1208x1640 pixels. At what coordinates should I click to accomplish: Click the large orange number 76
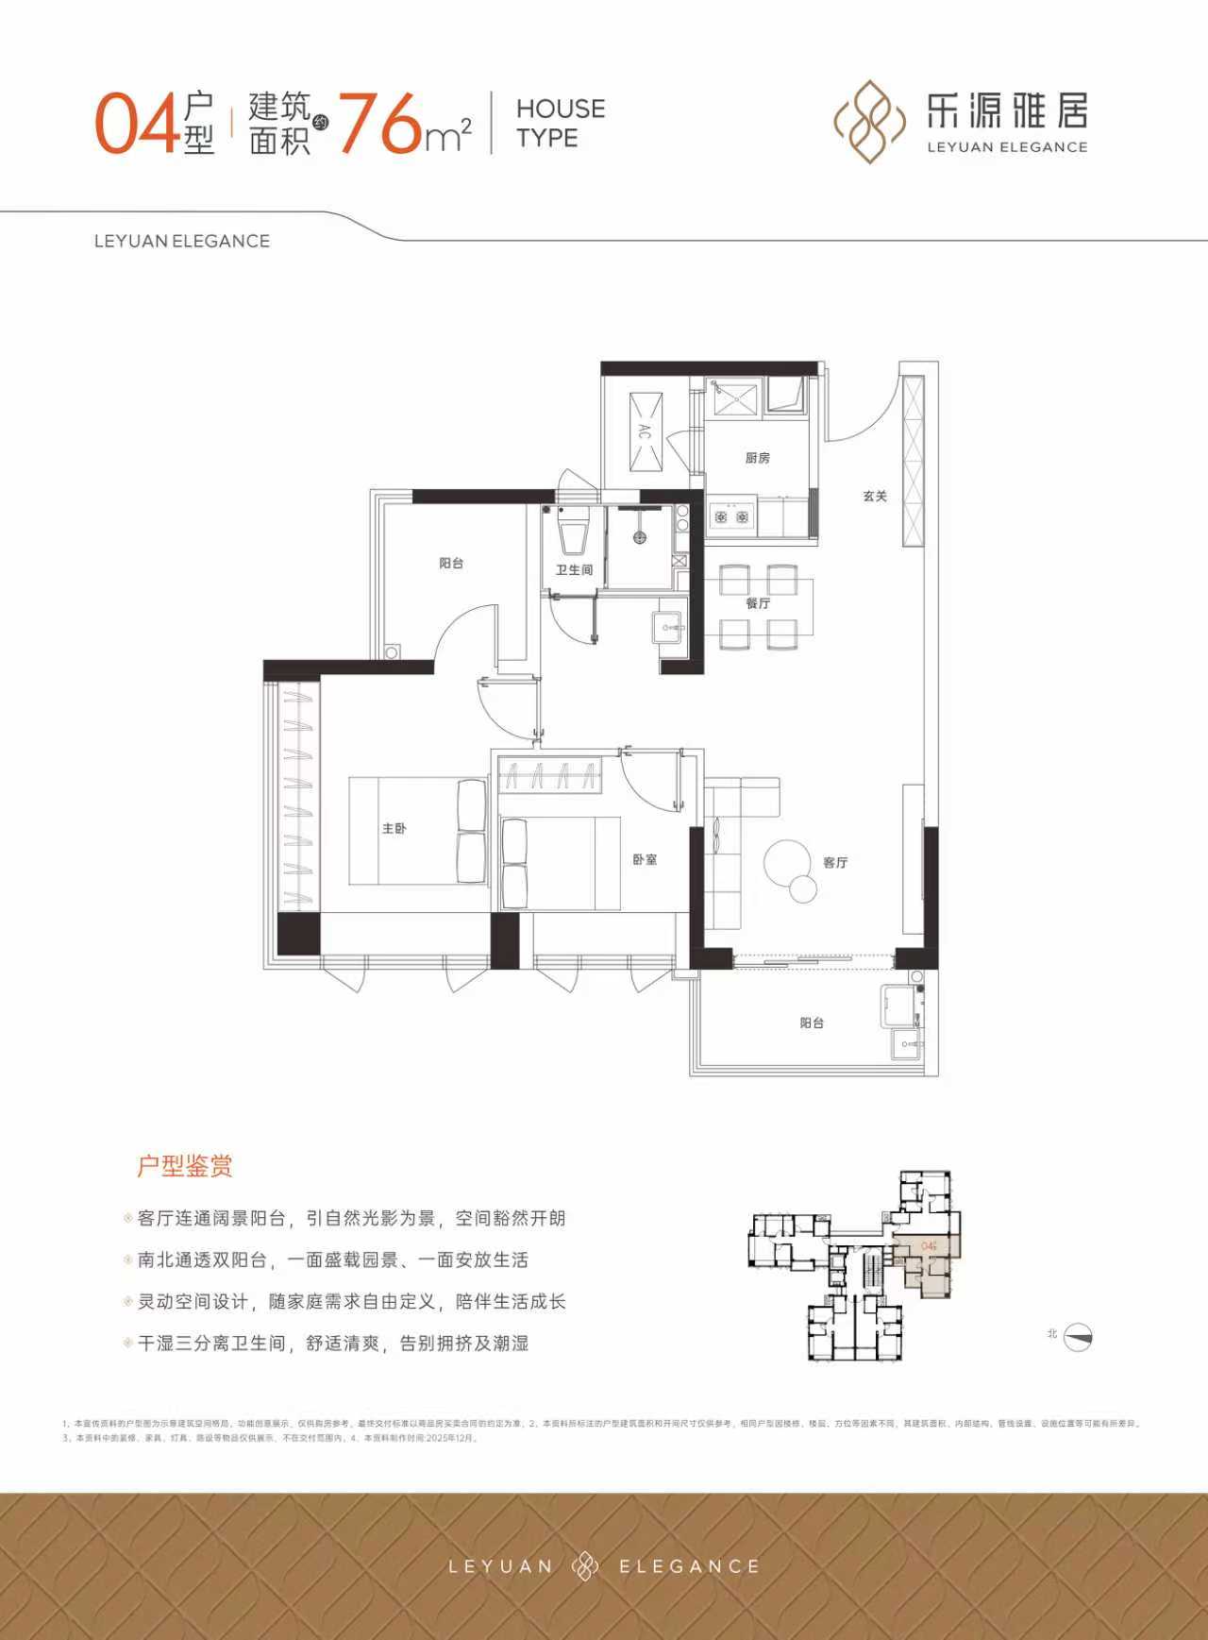click(x=380, y=124)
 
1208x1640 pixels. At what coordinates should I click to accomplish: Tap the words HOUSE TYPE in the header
click(x=560, y=123)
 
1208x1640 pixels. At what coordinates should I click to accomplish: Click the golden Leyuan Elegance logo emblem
click(x=864, y=122)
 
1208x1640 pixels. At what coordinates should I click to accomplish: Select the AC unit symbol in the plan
click(x=646, y=432)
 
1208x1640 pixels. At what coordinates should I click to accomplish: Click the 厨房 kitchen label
click(x=757, y=458)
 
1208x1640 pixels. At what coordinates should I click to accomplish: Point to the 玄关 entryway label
click(x=875, y=496)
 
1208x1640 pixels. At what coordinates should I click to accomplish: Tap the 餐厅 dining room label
click(x=758, y=602)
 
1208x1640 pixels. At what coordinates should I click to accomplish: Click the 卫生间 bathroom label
click(x=574, y=570)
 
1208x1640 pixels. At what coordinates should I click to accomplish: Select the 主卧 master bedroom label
click(x=394, y=828)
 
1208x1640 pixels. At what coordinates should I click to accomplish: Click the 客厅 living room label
click(x=835, y=862)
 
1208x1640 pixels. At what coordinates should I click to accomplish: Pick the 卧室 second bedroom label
click(x=645, y=859)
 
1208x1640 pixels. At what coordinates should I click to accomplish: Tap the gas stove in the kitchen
click(x=731, y=516)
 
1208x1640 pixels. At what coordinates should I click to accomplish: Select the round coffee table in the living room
click(x=787, y=861)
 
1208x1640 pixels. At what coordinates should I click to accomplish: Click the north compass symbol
click(x=1077, y=1337)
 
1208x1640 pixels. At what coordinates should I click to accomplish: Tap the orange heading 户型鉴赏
click(x=185, y=1166)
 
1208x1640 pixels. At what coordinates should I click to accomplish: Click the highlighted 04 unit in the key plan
click(x=930, y=1246)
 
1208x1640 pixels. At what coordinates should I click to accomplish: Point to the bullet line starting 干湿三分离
click(x=332, y=1343)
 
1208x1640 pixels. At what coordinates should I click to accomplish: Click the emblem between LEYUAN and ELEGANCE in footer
click(x=585, y=1565)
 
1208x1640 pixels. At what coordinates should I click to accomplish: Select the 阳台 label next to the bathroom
click(x=451, y=563)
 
